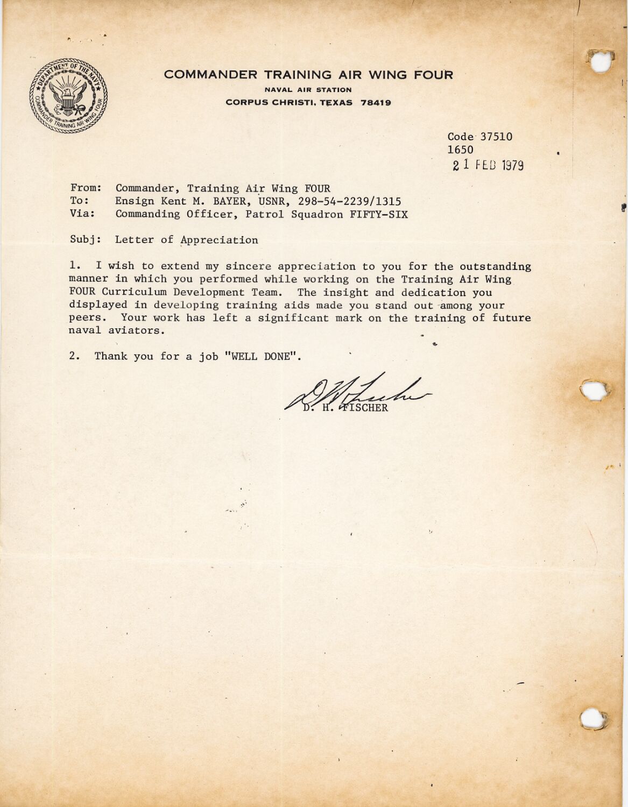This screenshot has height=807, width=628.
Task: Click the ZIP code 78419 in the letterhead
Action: click(x=376, y=103)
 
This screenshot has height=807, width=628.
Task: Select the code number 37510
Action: click(x=496, y=137)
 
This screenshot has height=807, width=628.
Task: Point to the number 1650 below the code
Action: click(x=460, y=150)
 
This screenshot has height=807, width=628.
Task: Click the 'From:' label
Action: click(x=86, y=188)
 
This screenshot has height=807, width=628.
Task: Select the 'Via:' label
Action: click(x=82, y=214)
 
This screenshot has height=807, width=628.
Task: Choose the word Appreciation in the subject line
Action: click(x=219, y=240)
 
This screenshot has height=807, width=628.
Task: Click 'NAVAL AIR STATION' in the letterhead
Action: click(x=308, y=90)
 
